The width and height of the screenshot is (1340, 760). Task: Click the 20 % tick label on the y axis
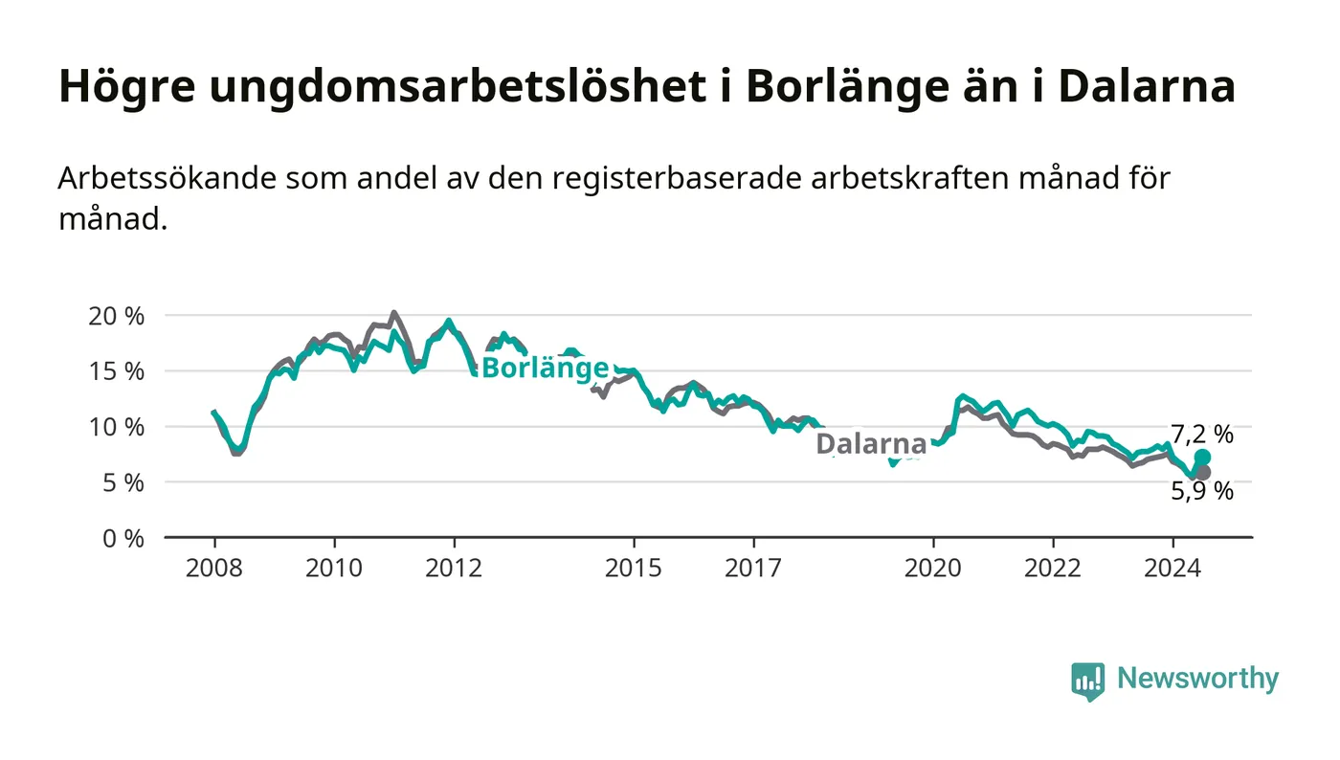pos(116,315)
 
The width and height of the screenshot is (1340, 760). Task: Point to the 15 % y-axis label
pos(116,371)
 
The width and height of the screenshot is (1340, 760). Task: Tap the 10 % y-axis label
pos(116,427)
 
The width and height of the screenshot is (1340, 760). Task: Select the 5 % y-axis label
pos(123,482)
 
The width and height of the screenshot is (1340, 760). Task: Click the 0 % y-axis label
pos(123,538)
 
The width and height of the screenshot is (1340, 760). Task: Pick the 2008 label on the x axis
pos(214,568)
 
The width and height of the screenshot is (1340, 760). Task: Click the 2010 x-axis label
pos(334,568)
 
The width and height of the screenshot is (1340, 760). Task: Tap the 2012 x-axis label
pos(454,568)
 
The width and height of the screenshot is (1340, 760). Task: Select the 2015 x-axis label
pos(634,568)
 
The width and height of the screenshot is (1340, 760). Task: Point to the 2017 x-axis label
pos(753,568)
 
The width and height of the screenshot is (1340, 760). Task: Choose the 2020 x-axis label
pos(933,568)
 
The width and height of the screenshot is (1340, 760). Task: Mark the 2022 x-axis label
pos(1053,568)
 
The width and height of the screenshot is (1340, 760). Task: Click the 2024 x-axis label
pos(1172,568)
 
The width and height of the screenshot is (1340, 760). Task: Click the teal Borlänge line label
pos(545,369)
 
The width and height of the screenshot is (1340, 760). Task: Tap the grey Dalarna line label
pos(871,444)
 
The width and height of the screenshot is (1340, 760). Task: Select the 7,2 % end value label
pos(1202,435)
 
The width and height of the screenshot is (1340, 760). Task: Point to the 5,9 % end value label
pos(1202,491)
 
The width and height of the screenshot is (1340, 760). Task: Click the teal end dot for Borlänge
pos(1202,458)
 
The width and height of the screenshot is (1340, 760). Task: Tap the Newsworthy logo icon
pos(1087,681)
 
